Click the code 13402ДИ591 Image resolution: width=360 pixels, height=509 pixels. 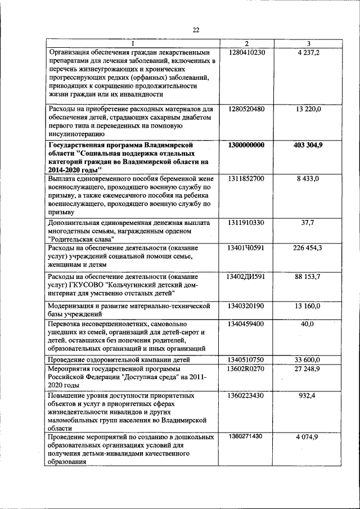point(246,277)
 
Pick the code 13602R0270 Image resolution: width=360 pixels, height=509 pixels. point(246,368)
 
